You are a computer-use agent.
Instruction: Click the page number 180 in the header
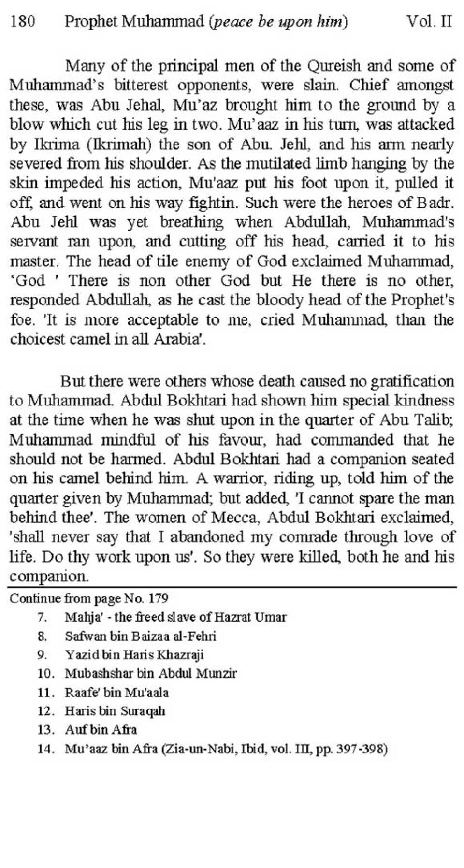click(22, 22)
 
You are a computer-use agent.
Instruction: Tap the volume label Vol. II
click(429, 22)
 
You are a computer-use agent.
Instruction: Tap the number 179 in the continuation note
click(158, 599)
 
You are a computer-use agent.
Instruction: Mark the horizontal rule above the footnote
click(232, 587)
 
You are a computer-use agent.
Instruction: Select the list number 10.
click(44, 673)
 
